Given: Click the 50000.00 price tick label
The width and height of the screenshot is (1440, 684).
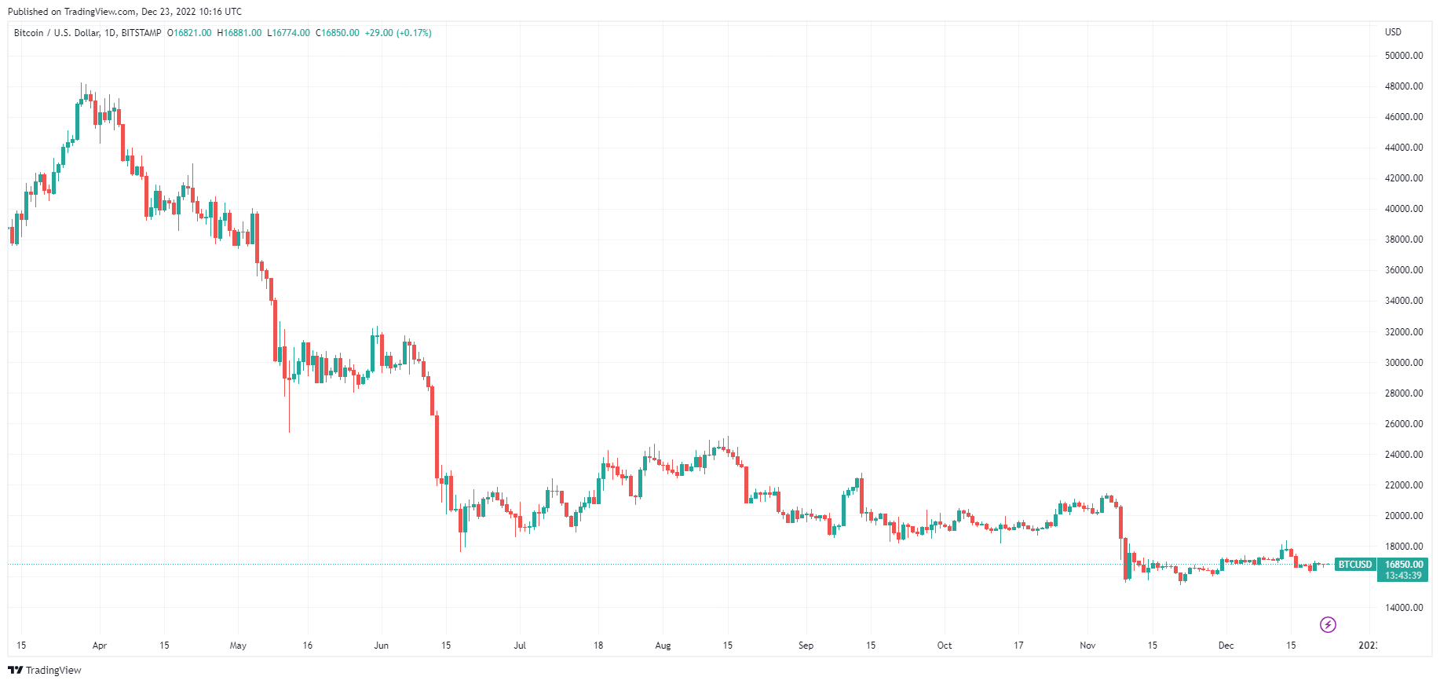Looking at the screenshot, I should [x=1404, y=56].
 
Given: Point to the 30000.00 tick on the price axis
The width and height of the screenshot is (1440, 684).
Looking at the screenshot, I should [x=1404, y=363].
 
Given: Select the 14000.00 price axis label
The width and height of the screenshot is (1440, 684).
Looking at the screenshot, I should [x=1404, y=608].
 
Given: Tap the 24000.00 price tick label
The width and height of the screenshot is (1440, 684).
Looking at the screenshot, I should [x=1404, y=455].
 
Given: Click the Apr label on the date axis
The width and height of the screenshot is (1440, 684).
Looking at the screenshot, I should [x=99, y=646].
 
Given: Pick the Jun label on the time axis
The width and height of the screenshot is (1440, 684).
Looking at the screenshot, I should [x=381, y=646].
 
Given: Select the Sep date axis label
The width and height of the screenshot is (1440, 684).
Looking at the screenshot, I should [x=806, y=646].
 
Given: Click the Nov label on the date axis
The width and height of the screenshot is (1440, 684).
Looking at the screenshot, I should [x=1087, y=646].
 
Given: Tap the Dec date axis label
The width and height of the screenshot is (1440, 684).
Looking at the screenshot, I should [x=1226, y=646].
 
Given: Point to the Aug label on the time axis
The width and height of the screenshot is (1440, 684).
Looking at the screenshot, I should [x=663, y=646].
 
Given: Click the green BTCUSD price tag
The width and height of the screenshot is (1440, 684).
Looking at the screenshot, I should [x=1355, y=565].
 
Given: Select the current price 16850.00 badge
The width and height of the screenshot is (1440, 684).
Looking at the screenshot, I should [x=1404, y=565].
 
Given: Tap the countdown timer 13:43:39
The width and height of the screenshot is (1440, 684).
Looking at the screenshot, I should [x=1404, y=576].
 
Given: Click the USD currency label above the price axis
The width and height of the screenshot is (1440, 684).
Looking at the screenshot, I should [x=1393, y=32].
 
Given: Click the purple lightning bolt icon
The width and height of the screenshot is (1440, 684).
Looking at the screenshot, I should [x=1328, y=625].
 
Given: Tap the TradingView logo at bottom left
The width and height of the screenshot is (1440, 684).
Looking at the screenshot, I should [x=45, y=670].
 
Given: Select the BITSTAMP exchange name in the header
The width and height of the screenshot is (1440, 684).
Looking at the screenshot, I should [x=141, y=33].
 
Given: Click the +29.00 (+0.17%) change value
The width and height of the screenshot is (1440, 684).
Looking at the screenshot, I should [x=398, y=33].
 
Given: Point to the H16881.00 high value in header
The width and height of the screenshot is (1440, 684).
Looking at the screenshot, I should [x=239, y=33].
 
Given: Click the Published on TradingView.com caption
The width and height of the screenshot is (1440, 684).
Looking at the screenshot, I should [x=125, y=12].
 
